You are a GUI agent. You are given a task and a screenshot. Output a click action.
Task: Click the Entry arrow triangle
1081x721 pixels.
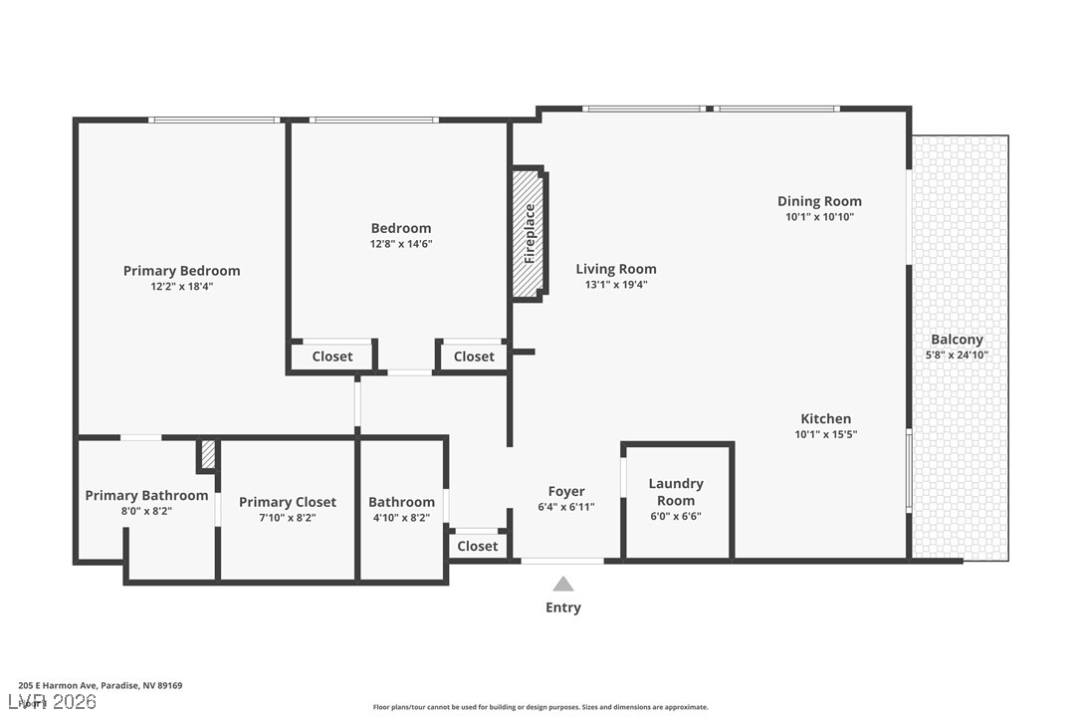(563, 585)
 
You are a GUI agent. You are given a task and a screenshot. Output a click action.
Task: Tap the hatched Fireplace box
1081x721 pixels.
(529, 233)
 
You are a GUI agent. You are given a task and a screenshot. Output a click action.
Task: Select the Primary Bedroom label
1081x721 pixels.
(181, 271)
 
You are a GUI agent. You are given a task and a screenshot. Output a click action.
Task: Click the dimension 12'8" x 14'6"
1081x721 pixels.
(401, 244)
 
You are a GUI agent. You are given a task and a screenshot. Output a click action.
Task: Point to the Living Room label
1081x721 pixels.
(616, 269)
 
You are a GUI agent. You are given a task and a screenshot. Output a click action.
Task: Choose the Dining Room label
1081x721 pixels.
(819, 201)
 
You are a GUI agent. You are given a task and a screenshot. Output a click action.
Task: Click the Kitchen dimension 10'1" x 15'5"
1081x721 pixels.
(825, 434)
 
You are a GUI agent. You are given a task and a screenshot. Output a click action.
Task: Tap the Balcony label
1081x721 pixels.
(957, 340)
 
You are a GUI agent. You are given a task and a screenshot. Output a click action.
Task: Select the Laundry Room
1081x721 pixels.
(676, 492)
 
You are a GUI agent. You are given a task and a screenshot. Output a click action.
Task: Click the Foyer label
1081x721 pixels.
(566, 491)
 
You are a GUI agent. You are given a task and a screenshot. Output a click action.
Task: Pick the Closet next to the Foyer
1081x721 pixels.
(478, 546)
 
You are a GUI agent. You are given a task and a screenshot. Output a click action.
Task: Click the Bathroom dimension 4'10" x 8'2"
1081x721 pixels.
(401, 518)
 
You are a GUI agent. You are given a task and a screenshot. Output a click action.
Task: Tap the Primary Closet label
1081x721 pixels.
(288, 502)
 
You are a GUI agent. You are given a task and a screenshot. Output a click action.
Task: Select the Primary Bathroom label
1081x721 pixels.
(146, 495)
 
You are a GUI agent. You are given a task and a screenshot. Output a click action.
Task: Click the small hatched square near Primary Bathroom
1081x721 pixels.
(208, 454)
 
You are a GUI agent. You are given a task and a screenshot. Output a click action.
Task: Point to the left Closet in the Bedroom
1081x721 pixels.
(331, 357)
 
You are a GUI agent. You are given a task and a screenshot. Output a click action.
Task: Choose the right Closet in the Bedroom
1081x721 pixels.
(474, 357)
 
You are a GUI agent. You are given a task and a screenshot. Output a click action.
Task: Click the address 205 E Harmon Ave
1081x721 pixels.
(100, 685)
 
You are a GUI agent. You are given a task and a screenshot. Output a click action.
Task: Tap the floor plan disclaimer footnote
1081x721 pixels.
(540, 707)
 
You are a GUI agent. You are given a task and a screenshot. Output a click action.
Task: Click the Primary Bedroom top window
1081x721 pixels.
(214, 120)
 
